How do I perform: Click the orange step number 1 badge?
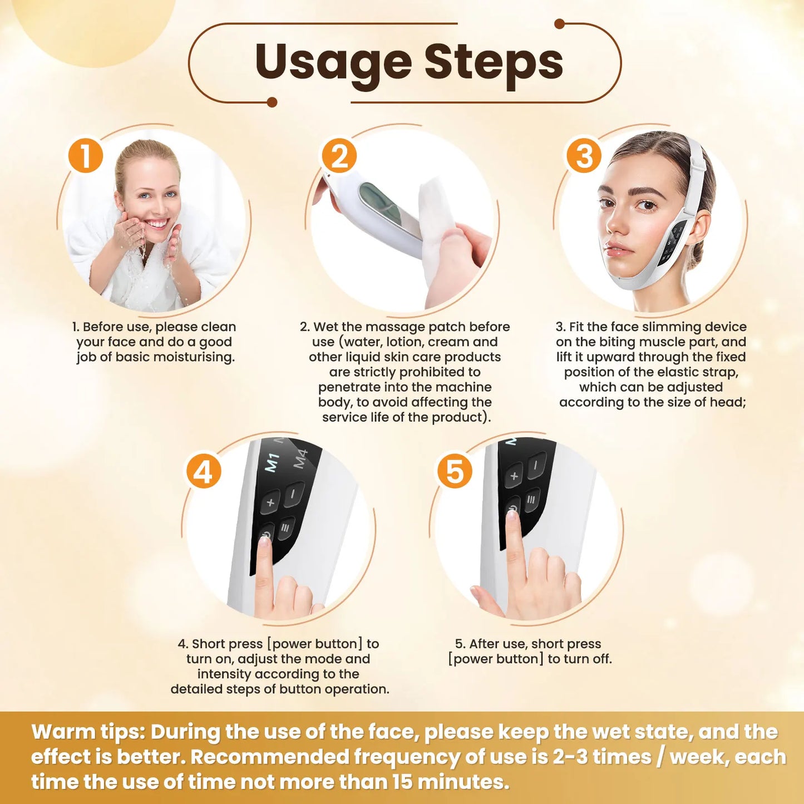(x=86, y=156)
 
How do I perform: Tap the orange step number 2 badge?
(x=339, y=156)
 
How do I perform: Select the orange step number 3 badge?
(x=584, y=156)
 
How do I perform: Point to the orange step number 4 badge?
(x=203, y=472)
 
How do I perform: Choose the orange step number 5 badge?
(x=455, y=471)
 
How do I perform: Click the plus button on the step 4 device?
(x=271, y=503)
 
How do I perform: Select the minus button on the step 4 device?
(x=294, y=494)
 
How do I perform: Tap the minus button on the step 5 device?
(x=536, y=464)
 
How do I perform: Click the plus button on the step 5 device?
(x=514, y=476)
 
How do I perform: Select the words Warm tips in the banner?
(x=88, y=732)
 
